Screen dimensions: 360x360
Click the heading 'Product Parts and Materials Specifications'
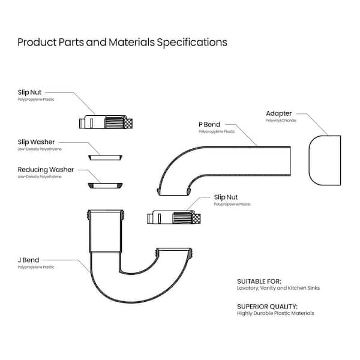(122, 43)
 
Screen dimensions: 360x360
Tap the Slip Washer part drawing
(105, 157)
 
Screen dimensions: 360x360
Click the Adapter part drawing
(325, 160)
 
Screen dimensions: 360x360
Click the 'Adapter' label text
(278, 113)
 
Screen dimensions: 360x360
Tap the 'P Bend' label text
(209, 124)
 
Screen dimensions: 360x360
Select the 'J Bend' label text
(28, 260)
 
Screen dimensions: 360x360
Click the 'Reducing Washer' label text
(46, 170)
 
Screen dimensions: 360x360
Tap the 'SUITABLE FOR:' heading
(259, 281)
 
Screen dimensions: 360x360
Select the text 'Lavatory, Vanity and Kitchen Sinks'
(278, 288)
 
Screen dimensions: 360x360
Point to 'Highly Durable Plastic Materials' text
(275, 313)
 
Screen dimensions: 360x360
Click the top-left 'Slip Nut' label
(29, 92)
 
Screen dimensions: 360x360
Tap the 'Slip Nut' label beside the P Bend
(226, 197)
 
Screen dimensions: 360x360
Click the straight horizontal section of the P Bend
(264, 157)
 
